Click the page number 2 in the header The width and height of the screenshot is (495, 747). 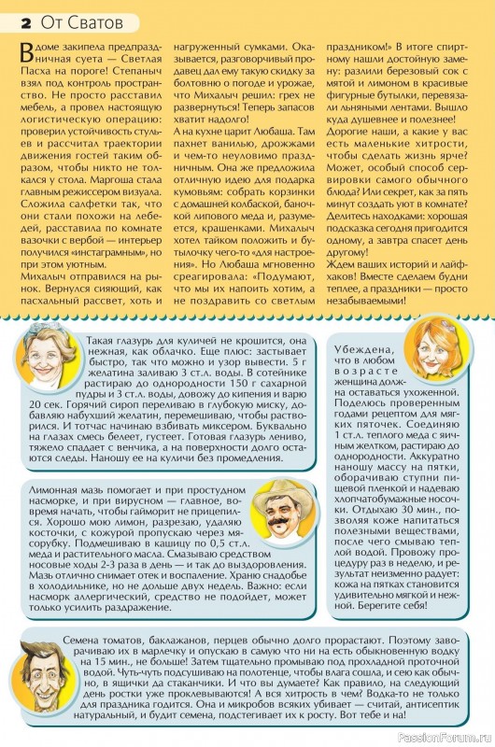coord(20,16)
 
